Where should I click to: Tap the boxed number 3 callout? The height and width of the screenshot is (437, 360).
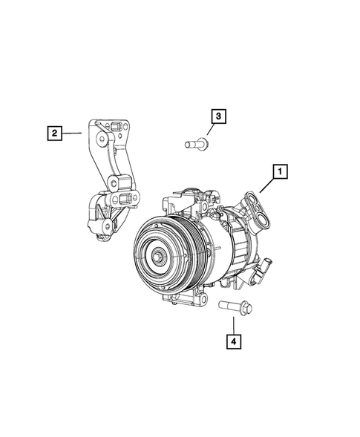tap(218, 116)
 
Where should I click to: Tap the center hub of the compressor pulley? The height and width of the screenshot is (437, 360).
tap(159, 257)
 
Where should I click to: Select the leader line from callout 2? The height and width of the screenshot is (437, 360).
tap(71, 134)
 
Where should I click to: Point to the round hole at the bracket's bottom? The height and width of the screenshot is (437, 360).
tap(106, 226)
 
